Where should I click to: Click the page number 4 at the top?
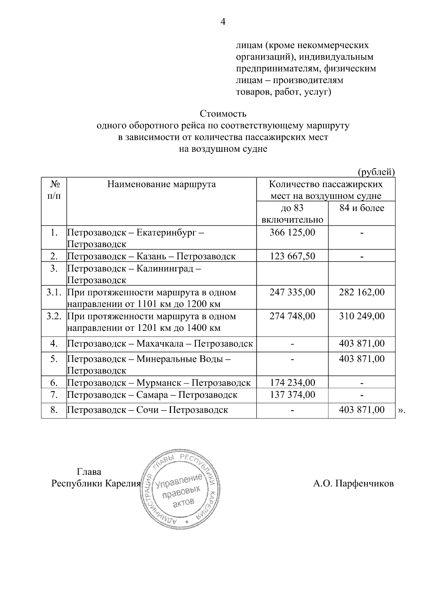click(223, 22)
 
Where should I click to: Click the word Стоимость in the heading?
click(223, 114)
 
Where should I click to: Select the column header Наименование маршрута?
click(162, 184)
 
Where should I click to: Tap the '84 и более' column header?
click(362, 208)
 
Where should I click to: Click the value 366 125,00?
click(292, 232)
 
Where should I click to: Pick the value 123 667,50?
click(292, 256)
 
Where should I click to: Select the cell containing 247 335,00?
click(292, 292)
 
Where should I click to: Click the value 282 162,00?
click(362, 292)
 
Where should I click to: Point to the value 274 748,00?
click(292, 316)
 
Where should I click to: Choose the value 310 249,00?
click(362, 316)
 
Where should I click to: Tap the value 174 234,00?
click(292, 383)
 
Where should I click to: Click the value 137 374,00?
click(292, 395)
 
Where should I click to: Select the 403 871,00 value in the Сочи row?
click(362, 409)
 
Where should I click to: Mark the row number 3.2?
click(54, 316)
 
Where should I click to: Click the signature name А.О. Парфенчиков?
click(353, 483)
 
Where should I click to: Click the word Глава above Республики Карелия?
click(89, 472)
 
